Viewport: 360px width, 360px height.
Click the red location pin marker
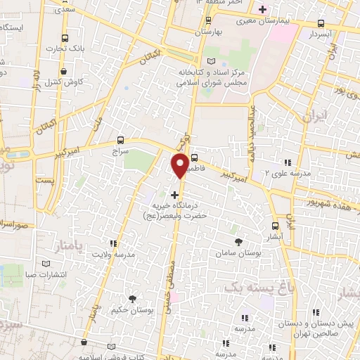click(180, 165)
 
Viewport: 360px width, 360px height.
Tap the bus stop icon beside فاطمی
click(194, 158)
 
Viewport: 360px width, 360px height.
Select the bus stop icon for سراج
click(120, 140)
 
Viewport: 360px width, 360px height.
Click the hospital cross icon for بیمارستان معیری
click(263, 10)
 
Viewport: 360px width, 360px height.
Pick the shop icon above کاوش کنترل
click(63, 71)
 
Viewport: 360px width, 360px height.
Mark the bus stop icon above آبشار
click(275, 226)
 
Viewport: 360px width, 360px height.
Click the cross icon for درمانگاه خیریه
click(175, 194)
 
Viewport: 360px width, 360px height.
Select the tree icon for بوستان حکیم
click(133, 299)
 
